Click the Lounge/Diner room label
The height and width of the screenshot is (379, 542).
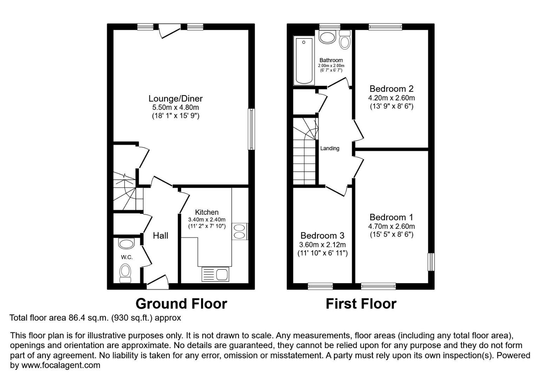tap(176, 99)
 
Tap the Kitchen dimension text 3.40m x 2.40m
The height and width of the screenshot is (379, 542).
tap(207, 220)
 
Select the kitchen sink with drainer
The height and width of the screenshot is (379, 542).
tap(215, 274)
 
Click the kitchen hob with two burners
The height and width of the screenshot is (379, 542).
tap(240, 232)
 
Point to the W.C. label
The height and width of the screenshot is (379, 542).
tap(127, 257)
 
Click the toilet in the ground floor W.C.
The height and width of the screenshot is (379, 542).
tap(125, 273)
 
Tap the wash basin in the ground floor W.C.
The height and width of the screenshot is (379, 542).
tap(126, 243)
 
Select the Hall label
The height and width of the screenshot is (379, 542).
tap(160, 235)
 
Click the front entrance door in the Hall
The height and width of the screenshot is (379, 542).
tap(158, 282)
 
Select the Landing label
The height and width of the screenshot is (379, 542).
tap(330, 148)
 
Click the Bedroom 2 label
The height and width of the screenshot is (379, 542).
tap(391, 89)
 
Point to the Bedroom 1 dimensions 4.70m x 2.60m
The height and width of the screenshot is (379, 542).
tap(391, 226)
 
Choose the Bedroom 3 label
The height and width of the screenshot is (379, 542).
tap(322, 235)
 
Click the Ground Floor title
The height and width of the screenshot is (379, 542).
tap(181, 304)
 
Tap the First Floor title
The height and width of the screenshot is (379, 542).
tap(361, 304)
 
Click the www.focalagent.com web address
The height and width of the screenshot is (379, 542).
tap(61, 365)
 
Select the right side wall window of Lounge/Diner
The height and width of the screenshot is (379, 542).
tap(251, 129)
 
